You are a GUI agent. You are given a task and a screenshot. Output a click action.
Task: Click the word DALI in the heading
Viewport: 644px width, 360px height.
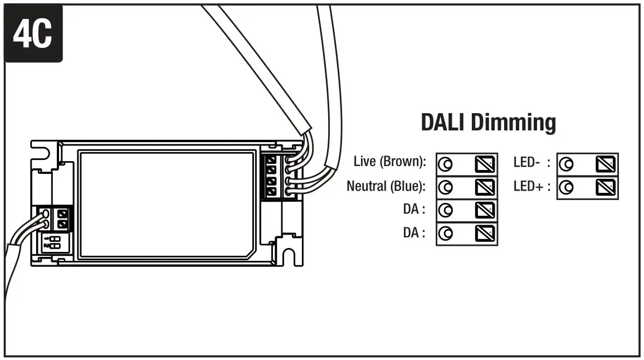443,122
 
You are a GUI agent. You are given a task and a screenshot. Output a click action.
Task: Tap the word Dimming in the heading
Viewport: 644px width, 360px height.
513,122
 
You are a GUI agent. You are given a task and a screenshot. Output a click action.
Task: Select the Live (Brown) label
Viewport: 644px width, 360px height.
389,162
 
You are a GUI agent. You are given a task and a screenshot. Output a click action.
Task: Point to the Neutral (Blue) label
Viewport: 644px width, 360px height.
386,186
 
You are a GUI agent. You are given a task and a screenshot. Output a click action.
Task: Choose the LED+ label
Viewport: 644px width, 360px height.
528,186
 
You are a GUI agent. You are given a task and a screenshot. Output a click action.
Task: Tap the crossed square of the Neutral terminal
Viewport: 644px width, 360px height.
484,187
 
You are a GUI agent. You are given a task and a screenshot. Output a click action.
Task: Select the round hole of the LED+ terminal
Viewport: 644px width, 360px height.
567,187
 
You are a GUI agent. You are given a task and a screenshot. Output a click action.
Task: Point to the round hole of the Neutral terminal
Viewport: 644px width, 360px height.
446,187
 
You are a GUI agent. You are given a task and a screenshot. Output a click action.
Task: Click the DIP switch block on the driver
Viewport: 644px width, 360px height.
55,242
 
